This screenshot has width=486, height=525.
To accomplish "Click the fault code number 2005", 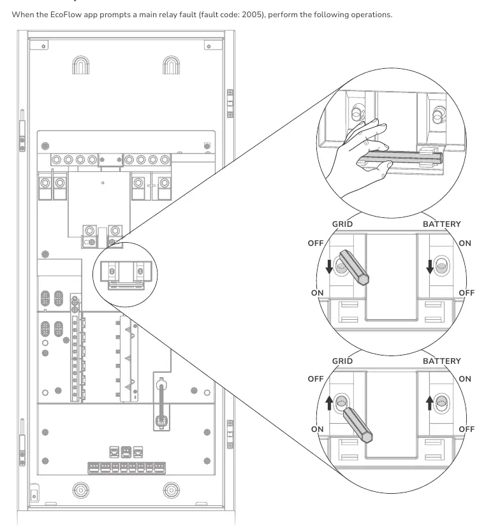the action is pyautogui.click(x=251, y=15).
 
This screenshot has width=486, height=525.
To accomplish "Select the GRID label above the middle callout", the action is pyautogui.click(x=342, y=224).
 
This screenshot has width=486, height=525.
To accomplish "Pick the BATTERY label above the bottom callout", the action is pyautogui.click(x=442, y=361).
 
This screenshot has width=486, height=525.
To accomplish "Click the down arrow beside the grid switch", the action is pyautogui.click(x=329, y=266).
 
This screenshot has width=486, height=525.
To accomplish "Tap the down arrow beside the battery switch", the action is pyautogui.click(x=430, y=266).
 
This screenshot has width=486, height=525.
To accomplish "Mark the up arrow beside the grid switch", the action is pyautogui.click(x=329, y=403).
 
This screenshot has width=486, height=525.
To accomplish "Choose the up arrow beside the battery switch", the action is pyautogui.click(x=430, y=403).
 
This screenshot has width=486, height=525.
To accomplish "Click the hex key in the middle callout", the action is pyautogui.click(x=354, y=268).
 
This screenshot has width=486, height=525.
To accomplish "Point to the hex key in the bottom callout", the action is pyautogui.click(x=358, y=425).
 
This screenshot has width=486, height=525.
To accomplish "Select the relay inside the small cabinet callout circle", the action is pyautogui.click(x=126, y=275).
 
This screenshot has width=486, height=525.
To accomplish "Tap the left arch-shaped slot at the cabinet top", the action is pyautogui.click(x=81, y=65).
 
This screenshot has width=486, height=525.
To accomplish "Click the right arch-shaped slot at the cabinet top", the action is pyautogui.click(x=172, y=65).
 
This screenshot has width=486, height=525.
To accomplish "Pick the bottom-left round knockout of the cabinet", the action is pyautogui.click(x=81, y=491).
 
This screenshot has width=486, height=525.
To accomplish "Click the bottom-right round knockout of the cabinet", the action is pyautogui.click(x=172, y=491).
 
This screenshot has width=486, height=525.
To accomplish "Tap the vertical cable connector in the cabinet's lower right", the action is pyautogui.click(x=161, y=404).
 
